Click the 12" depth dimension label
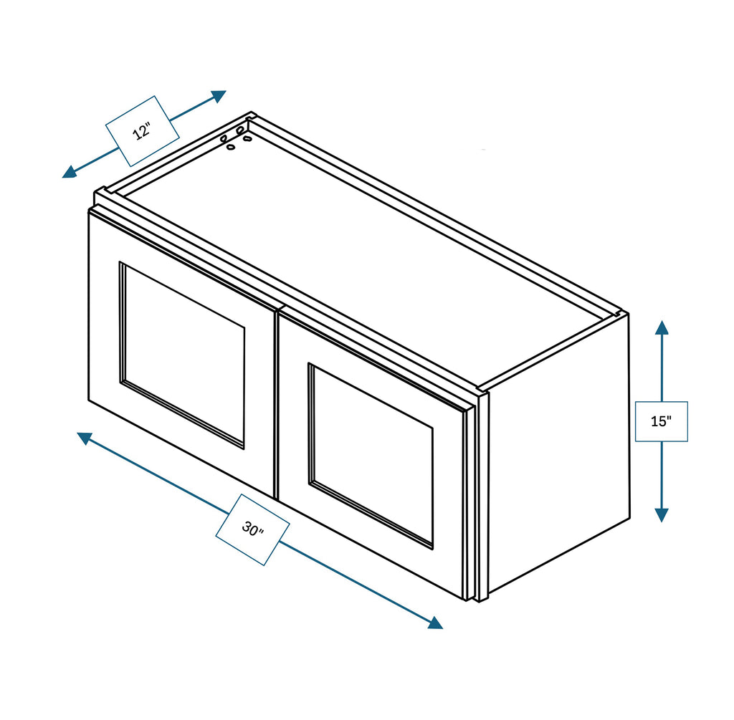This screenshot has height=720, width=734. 142,131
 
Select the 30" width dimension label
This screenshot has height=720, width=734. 252,529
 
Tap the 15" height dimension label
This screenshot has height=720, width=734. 661,421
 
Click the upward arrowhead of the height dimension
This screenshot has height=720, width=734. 662,328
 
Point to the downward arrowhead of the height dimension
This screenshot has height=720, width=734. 662,514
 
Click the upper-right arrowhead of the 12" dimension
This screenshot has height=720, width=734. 218,95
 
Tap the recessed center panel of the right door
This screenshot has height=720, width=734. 371,455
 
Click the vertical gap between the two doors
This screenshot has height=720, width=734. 277,401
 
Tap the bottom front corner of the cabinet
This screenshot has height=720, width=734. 479,600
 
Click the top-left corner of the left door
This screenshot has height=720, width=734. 90,211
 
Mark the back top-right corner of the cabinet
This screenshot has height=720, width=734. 626,313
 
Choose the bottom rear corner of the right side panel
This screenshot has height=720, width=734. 629,517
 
